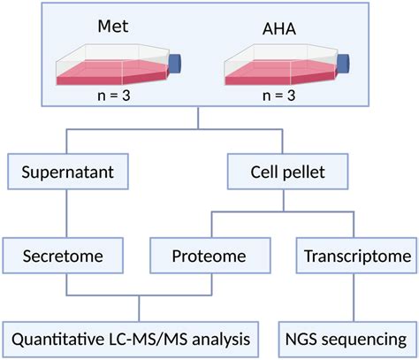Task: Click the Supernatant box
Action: (x=69, y=172)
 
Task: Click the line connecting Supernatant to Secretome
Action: (x=68, y=213)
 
